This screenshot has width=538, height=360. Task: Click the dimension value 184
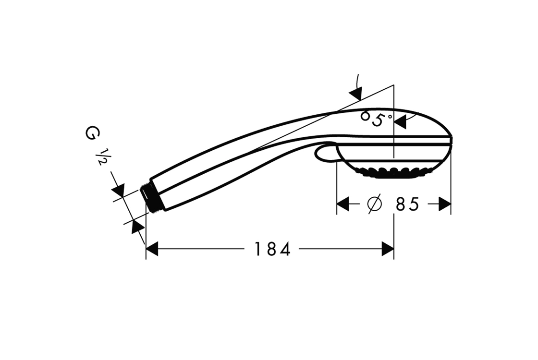point(272,249)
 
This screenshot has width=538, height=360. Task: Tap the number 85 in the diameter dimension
point(407,204)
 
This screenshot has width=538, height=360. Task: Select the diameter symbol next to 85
point(374,204)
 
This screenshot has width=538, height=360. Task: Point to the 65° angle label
point(375,118)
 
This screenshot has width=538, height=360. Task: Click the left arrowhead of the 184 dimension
point(152,249)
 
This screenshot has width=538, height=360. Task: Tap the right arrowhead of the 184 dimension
point(388,249)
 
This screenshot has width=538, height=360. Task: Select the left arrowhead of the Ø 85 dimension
point(343,204)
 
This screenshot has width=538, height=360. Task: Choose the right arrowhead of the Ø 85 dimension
point(445,204)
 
